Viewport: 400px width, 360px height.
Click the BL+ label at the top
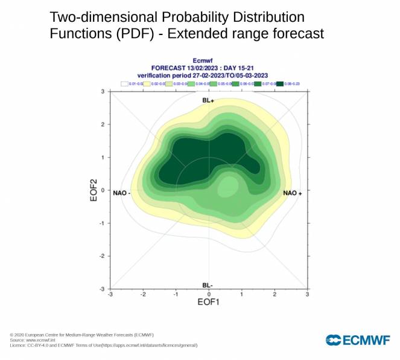pos(208,100)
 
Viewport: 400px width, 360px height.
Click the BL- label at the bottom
pos(208,284)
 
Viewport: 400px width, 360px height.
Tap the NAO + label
pos(293,193)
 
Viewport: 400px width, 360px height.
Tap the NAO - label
pos(122,193)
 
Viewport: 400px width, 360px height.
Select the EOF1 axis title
pos(208,302)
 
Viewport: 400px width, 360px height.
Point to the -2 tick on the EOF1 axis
pos(143,294)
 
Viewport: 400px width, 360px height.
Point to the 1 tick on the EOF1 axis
pos(241,294)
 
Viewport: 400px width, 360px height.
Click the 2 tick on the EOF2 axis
pos(103,124)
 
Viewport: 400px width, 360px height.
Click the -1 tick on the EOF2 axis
pos(103,223)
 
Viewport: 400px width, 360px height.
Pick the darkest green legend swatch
pos(280,83)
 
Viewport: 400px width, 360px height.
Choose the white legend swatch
pos(125,83)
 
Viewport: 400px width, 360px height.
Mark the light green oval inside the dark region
pos(228,187)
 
